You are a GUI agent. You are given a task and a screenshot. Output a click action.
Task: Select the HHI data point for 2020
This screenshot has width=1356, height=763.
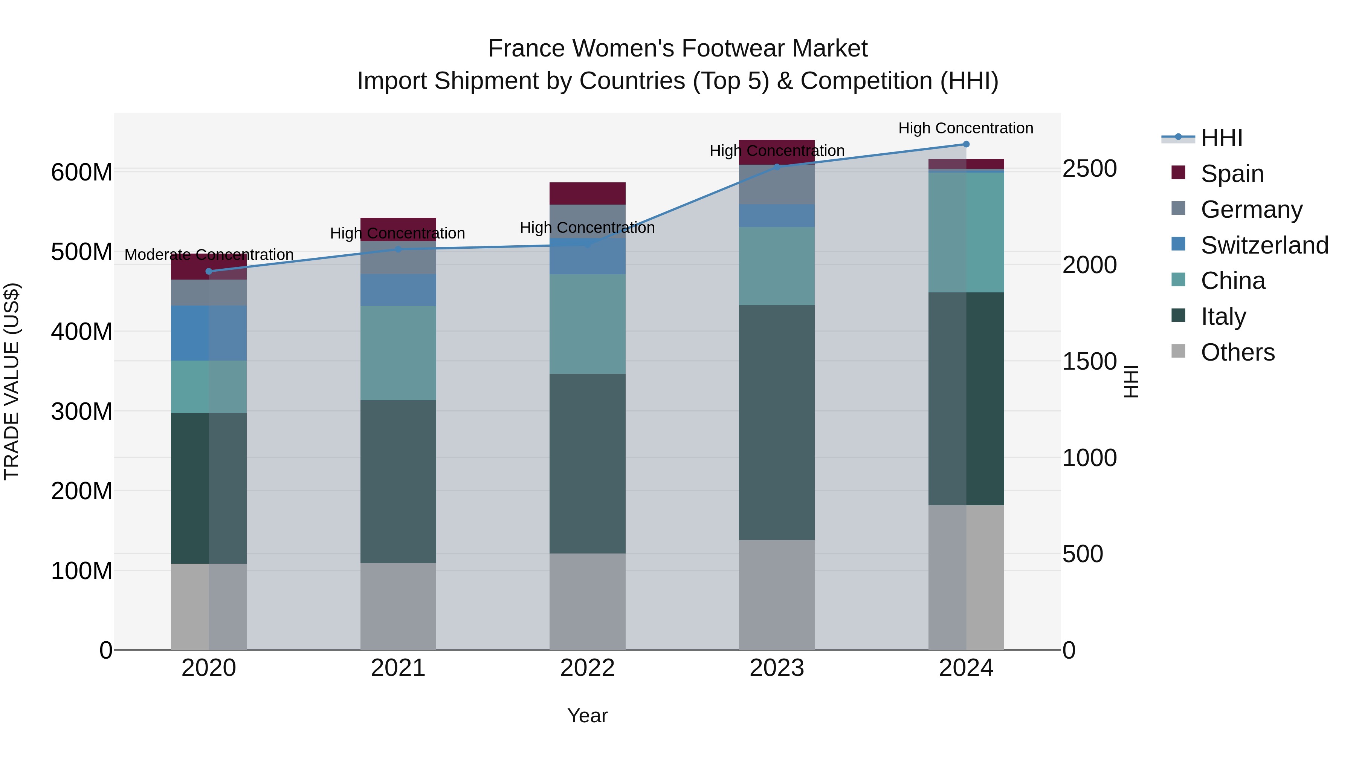tap(209, 272)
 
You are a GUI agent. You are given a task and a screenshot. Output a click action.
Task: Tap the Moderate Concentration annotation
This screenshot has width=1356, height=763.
tap(209, 255)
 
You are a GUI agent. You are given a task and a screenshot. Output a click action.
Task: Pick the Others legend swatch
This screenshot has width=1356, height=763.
tap(1178, 351)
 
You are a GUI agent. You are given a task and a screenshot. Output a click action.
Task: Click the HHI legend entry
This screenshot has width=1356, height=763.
tap(1221, 138)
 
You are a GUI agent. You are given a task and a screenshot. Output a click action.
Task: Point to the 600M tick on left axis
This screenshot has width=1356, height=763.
tap(82, 172)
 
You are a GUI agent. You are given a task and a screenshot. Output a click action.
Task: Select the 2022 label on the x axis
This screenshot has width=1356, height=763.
tap(588, 668)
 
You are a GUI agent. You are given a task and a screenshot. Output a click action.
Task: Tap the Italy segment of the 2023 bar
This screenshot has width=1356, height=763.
tap(777, 421)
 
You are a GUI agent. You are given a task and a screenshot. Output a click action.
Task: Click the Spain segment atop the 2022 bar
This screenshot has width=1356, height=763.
tap(588, 193)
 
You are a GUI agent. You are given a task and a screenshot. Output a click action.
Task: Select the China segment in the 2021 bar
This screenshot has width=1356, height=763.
tap(398, 353)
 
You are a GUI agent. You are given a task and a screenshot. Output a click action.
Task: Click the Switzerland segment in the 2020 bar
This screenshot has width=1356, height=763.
tap(209, 333)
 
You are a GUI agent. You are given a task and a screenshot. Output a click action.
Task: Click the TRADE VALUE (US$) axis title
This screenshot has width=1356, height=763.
tap(12, 381)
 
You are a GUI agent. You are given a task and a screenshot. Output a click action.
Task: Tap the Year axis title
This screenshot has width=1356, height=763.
tap(588, 716)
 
